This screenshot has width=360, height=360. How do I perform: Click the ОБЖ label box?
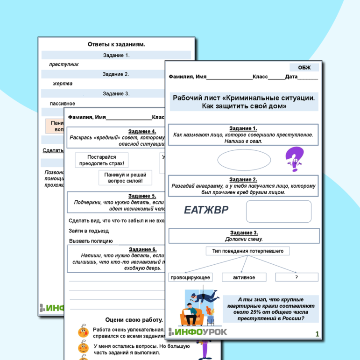point(304,68)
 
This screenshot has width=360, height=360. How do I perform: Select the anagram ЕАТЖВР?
point(206,211)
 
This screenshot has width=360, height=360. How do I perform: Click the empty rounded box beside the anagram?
point(278,212)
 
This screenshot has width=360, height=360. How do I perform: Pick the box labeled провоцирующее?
point(191,277)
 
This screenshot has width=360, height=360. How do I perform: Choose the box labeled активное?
point(244,277)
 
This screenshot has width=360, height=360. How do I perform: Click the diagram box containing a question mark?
point(296,277)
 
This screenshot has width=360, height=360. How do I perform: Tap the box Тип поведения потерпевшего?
point(247,251)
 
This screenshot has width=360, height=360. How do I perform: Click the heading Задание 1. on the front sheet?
point(243,128)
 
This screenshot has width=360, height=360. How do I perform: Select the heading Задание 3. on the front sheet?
point(244,233)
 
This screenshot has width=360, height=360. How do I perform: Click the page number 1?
point(317,333)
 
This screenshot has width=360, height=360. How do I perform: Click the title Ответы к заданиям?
point(116,44)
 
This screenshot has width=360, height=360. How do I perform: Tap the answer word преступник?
point(64,64)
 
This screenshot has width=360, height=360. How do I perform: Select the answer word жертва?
point(63,84)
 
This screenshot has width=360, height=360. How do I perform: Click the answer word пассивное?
point(63,103)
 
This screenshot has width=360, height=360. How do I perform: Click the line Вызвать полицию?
point(91,241)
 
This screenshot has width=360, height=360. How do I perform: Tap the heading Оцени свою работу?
point(134,320)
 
